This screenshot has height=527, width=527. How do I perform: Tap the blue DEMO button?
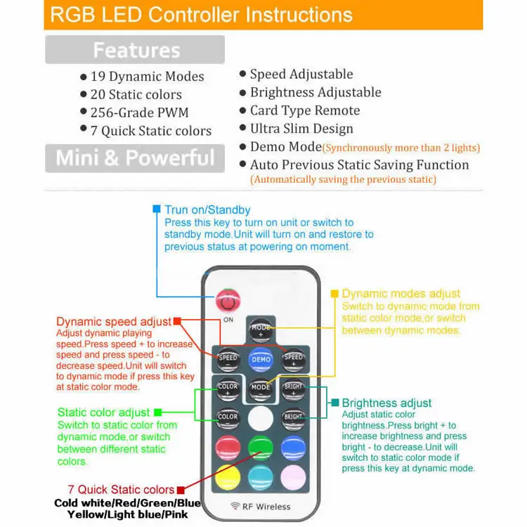point(260,359)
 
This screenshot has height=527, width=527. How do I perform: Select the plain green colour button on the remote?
point(260,447)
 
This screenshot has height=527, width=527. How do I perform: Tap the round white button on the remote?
point(260,417)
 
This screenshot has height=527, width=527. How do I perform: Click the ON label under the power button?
point(228,320)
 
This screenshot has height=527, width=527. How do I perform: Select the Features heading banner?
point(136,51)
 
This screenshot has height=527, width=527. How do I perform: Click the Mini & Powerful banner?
point(136,157)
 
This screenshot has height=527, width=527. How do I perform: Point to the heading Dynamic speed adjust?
point(114,322)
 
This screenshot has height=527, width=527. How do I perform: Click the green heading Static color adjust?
point(103,412)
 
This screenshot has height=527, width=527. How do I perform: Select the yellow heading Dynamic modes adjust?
point(401,294)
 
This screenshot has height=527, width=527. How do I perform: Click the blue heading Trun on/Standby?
point(207,209)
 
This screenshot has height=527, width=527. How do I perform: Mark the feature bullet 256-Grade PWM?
point(139,112)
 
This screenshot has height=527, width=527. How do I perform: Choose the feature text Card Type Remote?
point(305,110)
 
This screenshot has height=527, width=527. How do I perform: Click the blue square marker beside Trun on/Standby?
point(157,209)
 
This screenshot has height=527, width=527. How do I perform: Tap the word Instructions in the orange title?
point(297,14)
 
